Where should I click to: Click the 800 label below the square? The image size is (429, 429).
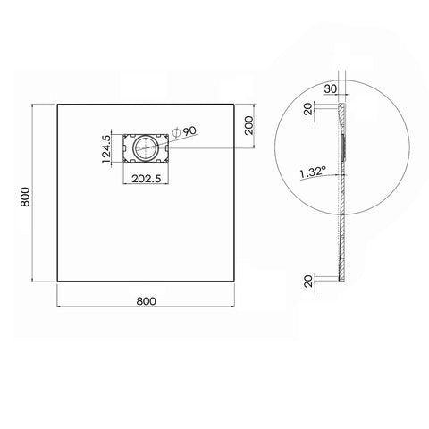click(146, 301)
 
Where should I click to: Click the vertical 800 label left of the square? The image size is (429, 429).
click(25, 197)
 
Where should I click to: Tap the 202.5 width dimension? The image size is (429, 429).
click(147, 179)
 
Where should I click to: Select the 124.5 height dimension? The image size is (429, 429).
click(106, 148)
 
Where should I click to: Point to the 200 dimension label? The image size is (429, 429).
click(248, 125)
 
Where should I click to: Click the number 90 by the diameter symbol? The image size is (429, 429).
click(189, 131)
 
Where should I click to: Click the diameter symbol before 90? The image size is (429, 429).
click(176, 133)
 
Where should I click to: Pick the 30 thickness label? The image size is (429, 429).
click(331, 88)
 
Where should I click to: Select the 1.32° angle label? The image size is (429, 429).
click(313, 172)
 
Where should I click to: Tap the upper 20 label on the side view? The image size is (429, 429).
click(308, 109)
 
